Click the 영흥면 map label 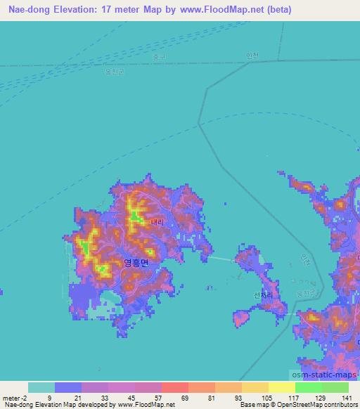136,263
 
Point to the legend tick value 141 345,398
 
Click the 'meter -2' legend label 14,398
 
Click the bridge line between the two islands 221,259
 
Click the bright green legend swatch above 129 309,387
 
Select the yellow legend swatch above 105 255,387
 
